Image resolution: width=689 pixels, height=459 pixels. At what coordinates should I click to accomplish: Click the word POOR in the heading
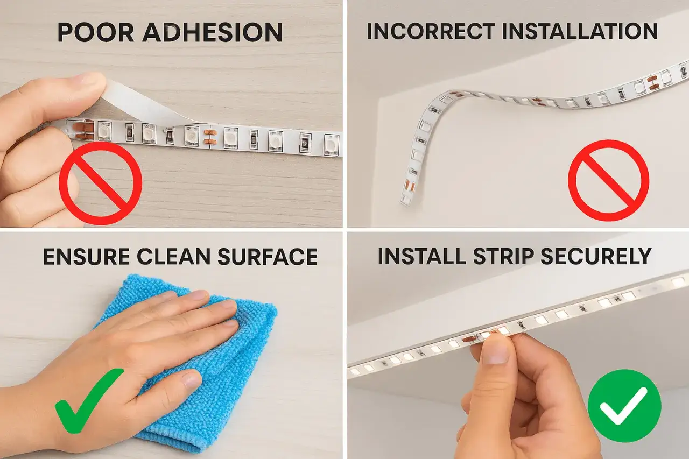coord(96,32)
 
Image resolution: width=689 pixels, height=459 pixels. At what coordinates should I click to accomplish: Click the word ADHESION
coord(213,32)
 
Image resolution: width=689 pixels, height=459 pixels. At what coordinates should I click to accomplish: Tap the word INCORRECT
coord(431,31)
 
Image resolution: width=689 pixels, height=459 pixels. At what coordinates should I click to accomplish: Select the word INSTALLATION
coord(580,31)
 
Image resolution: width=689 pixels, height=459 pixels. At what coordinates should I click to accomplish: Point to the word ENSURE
coord(86,257)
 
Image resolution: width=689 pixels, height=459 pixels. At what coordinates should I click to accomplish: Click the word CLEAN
coord(173,257)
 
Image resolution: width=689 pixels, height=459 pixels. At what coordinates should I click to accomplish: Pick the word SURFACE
coord(268,257)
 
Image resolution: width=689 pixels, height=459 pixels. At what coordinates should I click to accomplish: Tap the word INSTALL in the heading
coord(421,256)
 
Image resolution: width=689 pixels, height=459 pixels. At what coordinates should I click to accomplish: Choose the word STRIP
coord(504,256)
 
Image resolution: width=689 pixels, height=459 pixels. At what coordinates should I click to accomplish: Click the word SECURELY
coord(596,256)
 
